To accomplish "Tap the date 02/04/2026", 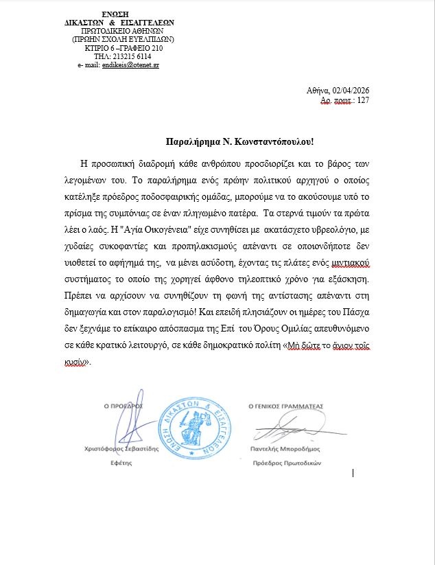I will pyautogui.click(x=351, y=90).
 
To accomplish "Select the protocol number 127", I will pyautogui.click(x=363, y=100).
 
